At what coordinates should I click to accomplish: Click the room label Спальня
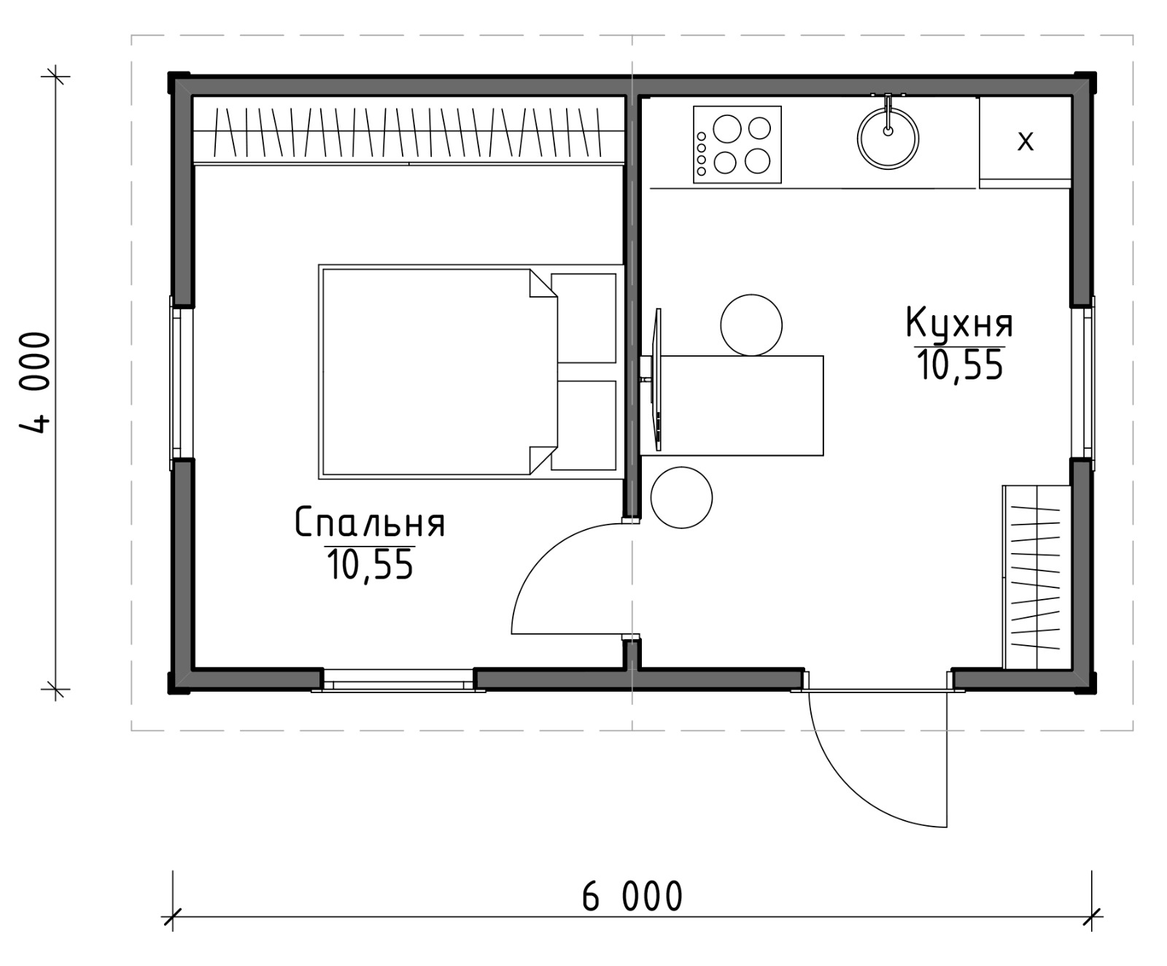pos(370,522)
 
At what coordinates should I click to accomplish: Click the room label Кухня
pos(959,322)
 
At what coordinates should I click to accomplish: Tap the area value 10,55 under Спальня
pos(371,565)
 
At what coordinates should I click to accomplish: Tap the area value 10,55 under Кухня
pos(961,365)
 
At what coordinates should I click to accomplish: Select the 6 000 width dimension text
pos(632,897)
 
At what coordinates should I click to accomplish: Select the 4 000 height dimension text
pos(35,383)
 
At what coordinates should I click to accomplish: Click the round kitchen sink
pos(888,138)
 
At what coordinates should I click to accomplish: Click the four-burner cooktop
pos(737,144)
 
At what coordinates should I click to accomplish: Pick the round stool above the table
pos(751,325)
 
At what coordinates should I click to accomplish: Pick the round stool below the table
pos(681,498)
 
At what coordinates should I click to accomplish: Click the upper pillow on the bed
pos(583,318)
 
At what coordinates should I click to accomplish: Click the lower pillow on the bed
pos(583,425)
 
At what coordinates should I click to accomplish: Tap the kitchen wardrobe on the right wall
pos(1036,576)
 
